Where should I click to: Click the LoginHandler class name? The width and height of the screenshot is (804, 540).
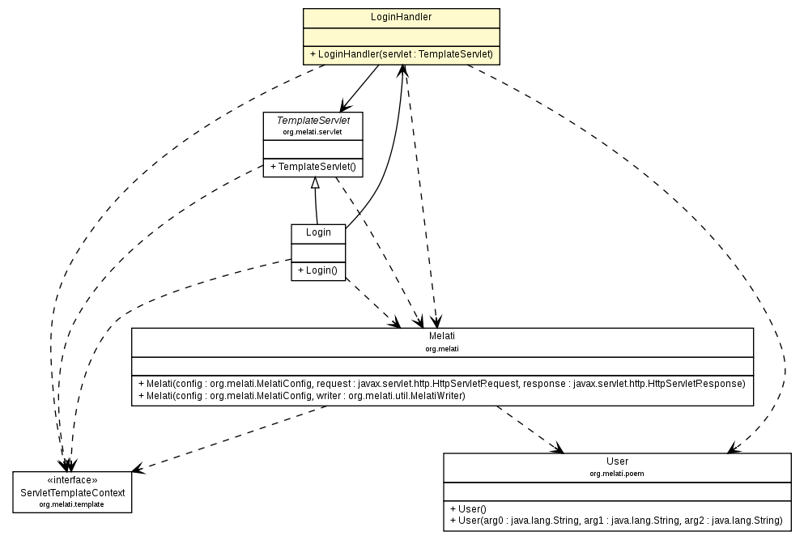(x=401, y=17)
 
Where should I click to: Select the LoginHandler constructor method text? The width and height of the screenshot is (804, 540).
(x=401, y=54)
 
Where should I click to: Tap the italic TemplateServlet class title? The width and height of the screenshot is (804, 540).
(x=313, y=120)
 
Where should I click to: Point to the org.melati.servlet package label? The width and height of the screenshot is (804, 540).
(x=313, y=131)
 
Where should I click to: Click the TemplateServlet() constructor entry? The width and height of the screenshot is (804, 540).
(x=313, y=167)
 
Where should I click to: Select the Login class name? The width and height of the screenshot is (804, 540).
(x=318, y=232)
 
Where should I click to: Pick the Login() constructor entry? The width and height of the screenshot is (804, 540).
(x=318, y=270)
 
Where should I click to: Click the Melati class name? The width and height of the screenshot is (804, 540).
(x=442, y=336)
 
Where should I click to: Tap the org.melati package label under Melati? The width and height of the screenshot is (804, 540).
(x=442, y=348)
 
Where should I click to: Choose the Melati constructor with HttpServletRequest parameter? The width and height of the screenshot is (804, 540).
(x=442, y=383)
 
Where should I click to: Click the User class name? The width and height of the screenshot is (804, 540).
(x=617, y=461)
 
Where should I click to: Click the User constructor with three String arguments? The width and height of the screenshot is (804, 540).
(x=615, y=520)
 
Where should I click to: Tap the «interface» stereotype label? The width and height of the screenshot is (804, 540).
(x=73, y=480)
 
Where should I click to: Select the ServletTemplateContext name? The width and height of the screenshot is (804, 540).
(x=73, y=492)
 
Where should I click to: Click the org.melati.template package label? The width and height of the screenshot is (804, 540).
(x=73, y=504)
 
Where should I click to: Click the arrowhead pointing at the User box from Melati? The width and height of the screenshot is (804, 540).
(x=556, y=448)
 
